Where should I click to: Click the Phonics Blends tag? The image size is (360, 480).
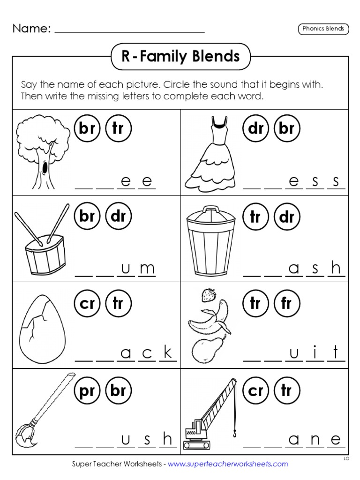(323, 29)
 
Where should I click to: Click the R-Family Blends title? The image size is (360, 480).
(180, 57)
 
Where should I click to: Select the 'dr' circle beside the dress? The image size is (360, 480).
(256, 128)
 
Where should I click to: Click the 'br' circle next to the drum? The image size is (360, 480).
(87, 216)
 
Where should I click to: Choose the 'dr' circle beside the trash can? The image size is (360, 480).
(286, 216)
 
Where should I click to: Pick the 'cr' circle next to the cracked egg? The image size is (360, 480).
(87, 304)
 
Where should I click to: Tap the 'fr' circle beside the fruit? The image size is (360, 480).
(286, 304)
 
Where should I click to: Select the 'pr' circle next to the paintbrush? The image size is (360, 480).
(87, 390)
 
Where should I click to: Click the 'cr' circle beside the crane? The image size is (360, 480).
(256, 390)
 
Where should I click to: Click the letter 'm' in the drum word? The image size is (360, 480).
(147, 269)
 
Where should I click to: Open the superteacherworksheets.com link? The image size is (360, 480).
(227, 464)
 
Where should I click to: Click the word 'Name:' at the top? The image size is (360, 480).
(31, 29)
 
